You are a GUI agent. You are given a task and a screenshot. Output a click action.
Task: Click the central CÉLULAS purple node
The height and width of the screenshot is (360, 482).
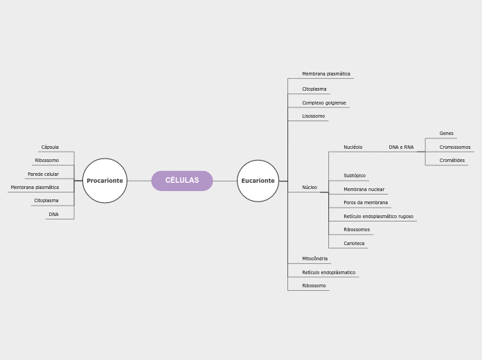click(x=182, y=181)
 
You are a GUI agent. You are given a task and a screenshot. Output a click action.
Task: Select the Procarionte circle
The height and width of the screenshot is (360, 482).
click(x=105, y=181)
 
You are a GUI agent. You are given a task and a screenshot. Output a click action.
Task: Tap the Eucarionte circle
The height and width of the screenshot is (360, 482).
click(x=258, y=181)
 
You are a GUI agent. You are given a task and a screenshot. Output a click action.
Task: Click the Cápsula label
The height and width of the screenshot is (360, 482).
click(x=50, y=147)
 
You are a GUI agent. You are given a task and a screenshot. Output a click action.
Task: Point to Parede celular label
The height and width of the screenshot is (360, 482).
click(x=43, y=174)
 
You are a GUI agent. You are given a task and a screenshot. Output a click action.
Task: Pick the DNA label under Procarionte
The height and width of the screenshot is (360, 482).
click(x=53, y=215)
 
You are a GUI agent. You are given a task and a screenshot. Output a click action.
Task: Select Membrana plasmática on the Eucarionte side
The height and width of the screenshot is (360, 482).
click(x=325, y=73)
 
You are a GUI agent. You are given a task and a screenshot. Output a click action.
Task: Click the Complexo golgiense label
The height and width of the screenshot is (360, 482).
click(x=323, y=102)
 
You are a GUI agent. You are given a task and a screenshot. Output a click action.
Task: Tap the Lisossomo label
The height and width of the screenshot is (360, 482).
click(x=313, y=116)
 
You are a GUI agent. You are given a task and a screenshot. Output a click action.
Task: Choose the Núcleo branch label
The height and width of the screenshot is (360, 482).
click(x=310, y=187)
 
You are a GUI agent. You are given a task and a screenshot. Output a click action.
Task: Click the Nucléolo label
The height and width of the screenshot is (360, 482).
click(x=352, y=147)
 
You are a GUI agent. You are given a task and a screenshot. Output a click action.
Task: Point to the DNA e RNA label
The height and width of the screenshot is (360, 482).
click(x=401, y=147)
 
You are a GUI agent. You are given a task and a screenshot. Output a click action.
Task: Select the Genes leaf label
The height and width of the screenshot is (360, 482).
click(x=446, y=133)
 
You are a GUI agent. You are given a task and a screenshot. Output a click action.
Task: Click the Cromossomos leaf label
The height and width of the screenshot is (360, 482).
click(x=454, y=147)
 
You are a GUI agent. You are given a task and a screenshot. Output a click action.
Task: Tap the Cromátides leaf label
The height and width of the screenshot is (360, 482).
click(x=452, y=160)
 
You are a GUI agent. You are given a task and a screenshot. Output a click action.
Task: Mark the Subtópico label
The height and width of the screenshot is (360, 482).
click(x=355, y=176)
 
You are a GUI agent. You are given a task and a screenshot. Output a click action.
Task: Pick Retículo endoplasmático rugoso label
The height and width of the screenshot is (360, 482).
click(x=378, y=216)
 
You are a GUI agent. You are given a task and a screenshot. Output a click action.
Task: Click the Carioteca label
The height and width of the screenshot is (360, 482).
click(x=354, y=243)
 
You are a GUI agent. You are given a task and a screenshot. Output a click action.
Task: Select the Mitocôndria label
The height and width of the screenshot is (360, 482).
click(x=314, y=258)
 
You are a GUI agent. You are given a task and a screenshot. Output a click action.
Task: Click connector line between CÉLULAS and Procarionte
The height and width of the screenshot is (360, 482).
click(x=139, y=181)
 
